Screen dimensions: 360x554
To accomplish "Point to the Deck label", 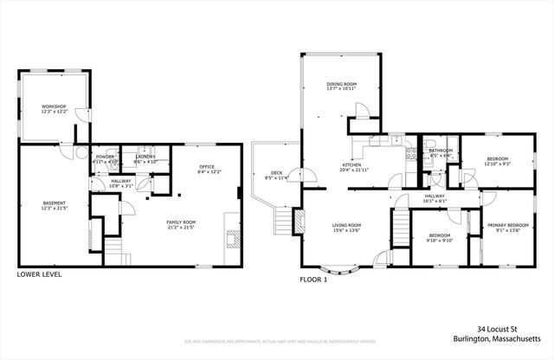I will (276, 175).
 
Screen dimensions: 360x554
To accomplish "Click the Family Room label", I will (182, 224).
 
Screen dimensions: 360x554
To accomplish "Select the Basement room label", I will (54, 205).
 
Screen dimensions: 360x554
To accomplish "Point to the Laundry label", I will (145, 158).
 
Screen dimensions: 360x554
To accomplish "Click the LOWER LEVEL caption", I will (39, 275).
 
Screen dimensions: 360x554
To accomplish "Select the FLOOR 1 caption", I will (313, 280).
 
